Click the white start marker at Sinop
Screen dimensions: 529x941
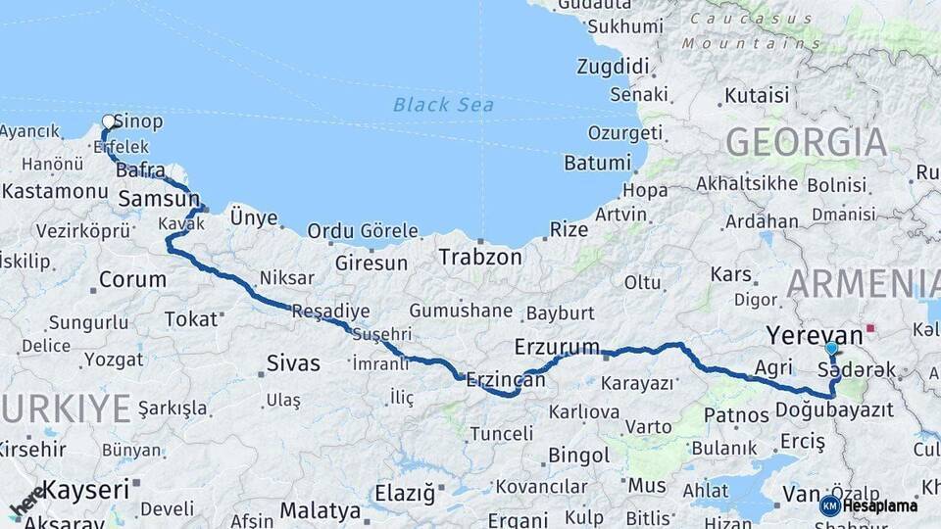coord(109,122)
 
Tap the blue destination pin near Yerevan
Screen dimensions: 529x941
coord(831,348)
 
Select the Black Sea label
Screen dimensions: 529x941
coord(443,105)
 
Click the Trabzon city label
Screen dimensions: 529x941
coord(480,258)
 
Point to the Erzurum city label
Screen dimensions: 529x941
coord(556,347)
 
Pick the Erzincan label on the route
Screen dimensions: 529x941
coord(505,379)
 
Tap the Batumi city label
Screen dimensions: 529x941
coord(597,163)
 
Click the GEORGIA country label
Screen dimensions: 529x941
coord(807,143)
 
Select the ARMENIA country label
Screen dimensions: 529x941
coord(863,284)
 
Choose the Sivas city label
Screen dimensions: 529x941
coord(293,363)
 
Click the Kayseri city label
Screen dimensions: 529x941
coord(87,488)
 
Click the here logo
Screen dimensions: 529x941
coord(27,500)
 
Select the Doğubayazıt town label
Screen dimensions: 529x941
coord(834,409)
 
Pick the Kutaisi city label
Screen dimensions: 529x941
coord(756,96)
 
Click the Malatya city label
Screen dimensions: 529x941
coord(320,510)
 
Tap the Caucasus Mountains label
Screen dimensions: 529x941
coord(752,30)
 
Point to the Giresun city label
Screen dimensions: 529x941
coord(371,263)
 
